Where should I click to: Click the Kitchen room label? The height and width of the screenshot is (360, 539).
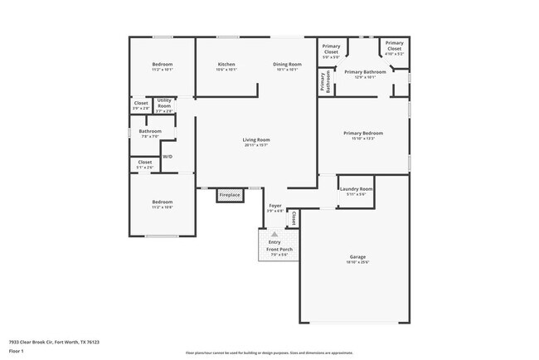[x=226, y=66]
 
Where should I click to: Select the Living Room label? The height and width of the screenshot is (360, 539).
[x=256, y=142]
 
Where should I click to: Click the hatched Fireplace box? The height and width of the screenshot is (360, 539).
[x=229, y=195]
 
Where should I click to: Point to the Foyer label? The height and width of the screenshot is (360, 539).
[x=275, y=207]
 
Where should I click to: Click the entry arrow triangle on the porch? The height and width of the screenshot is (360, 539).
[x=274, y=235]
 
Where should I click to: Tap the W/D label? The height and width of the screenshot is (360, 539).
[x=168, y=156]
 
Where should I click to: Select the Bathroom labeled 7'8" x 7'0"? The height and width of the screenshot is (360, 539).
[x=150, y=133]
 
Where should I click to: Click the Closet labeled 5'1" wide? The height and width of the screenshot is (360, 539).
[x=144, y=164]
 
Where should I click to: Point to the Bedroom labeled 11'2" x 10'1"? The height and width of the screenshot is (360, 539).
[x=162, y=66]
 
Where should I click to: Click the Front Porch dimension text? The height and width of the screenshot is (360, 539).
[x=278, y=255]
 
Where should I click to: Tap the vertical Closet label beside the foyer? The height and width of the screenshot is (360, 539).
[x=293, y=218]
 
